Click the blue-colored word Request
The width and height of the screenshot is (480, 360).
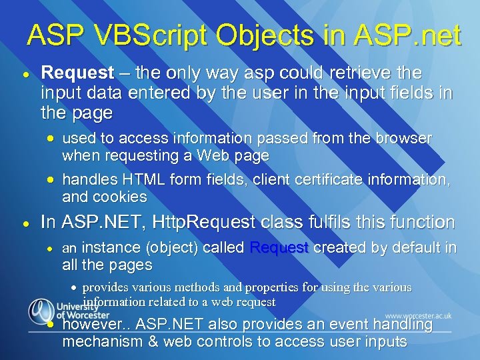(x=279, y=247)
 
